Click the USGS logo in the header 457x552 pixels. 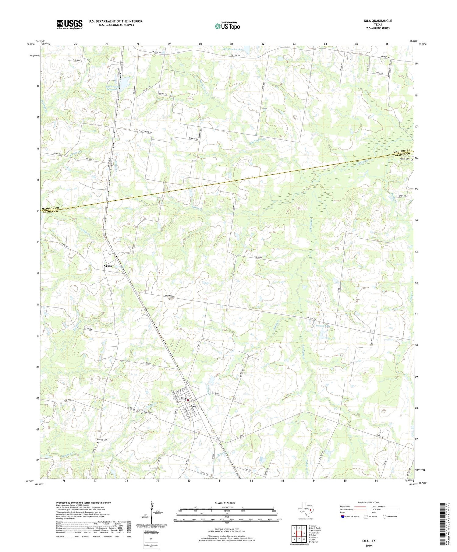point(69,24)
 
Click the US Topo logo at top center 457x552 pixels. point(227,26)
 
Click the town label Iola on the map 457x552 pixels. point(183,399)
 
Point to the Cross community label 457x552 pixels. point(108,266)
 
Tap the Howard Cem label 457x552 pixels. point(102,440)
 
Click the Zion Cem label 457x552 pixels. point(148,412)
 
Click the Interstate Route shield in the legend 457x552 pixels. point(343,517)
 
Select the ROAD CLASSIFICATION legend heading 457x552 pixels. point(369,502)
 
